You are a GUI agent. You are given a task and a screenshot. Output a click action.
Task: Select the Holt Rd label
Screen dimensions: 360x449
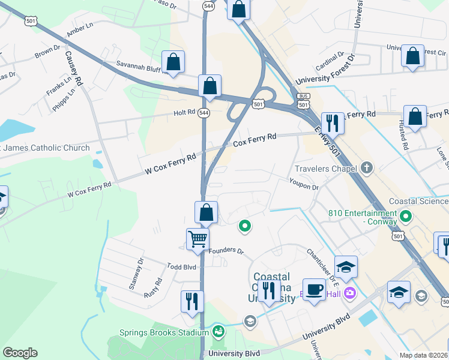184,112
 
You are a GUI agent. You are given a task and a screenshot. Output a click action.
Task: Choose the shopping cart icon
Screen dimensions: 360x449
197,239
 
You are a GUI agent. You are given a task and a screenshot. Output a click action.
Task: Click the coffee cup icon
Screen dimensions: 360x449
314,290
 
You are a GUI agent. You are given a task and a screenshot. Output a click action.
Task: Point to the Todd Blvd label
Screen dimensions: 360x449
181,266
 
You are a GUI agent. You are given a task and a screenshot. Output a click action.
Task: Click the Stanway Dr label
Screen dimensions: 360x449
137,274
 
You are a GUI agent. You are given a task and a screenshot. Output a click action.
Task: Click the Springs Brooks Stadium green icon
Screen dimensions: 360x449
218,332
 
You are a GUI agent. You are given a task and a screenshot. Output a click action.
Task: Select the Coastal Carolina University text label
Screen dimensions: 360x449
271,287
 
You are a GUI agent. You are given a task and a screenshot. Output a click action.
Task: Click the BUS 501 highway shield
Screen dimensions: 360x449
303,101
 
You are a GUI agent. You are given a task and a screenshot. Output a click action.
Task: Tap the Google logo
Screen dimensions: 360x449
20,353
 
